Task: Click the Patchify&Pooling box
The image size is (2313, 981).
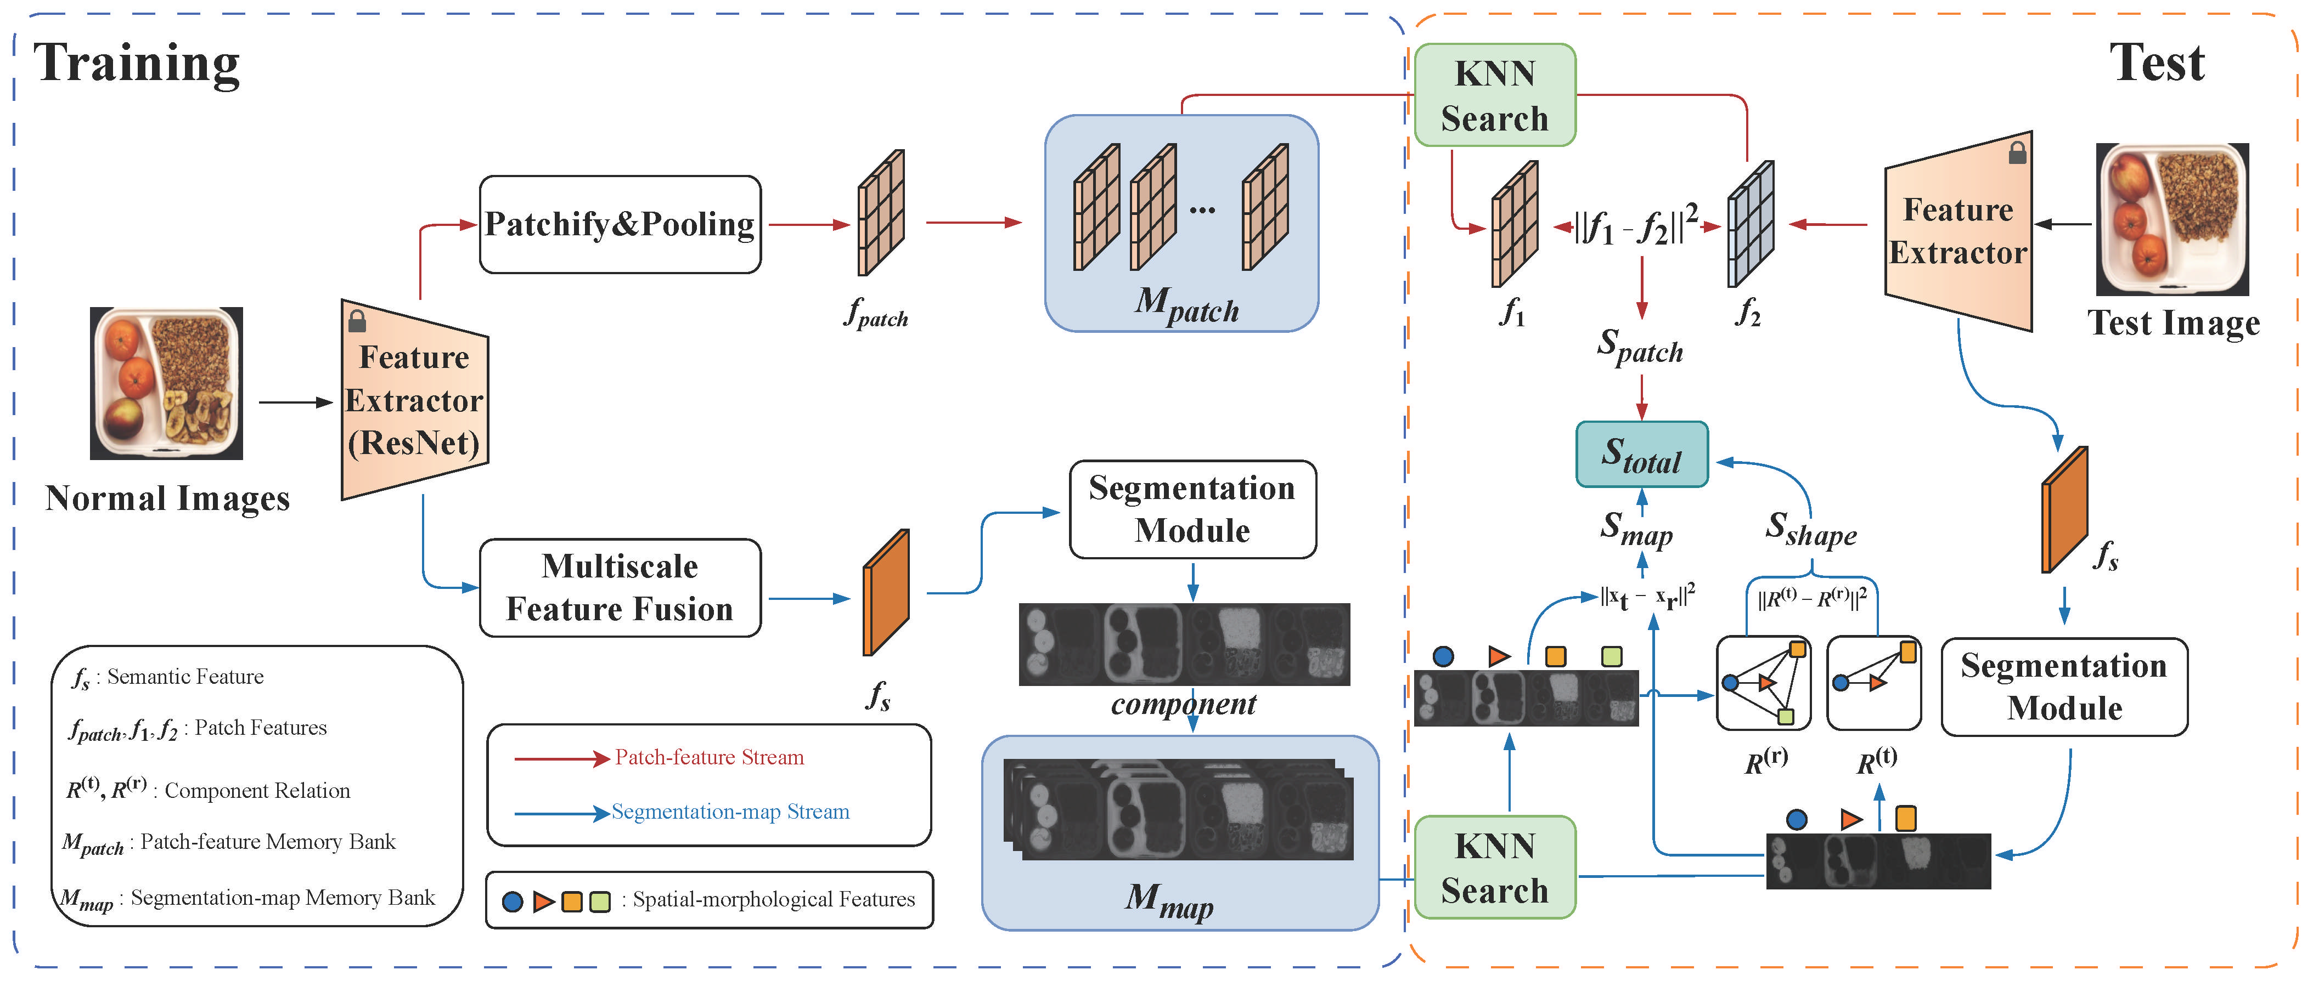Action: (620, 224)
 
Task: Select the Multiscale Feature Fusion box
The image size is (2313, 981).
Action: (620, 588)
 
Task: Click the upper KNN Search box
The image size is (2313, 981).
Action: (1494, 95)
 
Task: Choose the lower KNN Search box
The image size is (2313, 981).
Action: (1494, 867)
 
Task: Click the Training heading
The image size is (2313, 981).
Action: (137, 63)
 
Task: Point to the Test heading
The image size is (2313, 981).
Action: (2156, 63)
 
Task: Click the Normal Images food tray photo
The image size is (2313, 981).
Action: (166, 383)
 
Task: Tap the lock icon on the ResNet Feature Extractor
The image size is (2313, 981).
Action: (357, 320)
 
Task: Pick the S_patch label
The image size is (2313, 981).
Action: (1640, 345)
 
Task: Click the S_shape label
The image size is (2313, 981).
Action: (1810, 530)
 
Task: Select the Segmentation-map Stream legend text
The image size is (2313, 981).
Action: (730, 812)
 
